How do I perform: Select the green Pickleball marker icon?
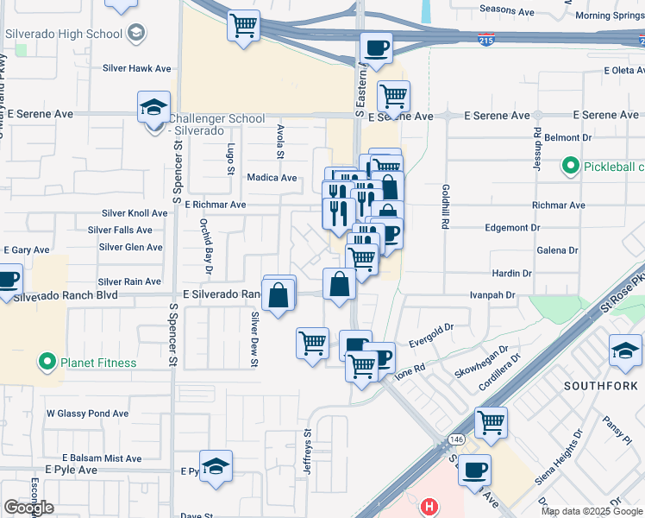tap(570, 166)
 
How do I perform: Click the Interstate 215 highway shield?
tap(487, 40)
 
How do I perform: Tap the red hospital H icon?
tap(429, 505)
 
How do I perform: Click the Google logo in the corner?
tap(28, 508)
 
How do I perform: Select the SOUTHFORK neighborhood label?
tap(600, 384)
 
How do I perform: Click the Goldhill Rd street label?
tap(445, 205)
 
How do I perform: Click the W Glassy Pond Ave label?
tap(87, 414)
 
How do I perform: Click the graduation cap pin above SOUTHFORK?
tap(625, 350)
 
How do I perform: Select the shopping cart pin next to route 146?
tap(491, 422)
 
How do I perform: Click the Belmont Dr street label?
tap(567, 137)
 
